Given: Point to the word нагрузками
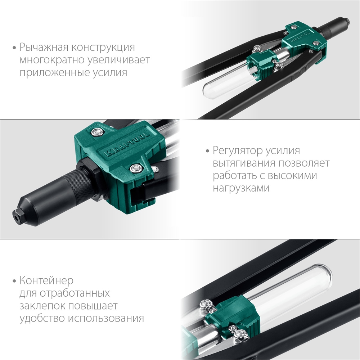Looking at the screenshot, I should point(241,188).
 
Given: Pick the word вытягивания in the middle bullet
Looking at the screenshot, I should point(244,163).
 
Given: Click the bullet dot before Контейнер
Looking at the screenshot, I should point(14,281).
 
